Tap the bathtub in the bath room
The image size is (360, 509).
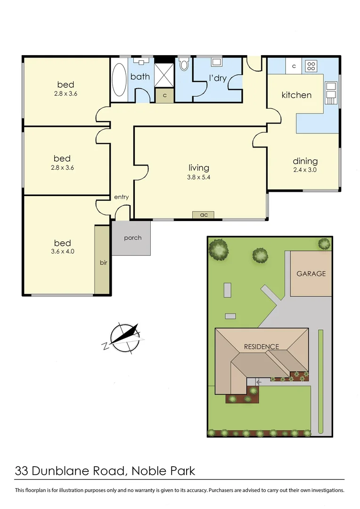click(x=119, y=79)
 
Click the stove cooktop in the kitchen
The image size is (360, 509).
click(x=311, y=66)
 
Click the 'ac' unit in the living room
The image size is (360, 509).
click(x=204, y=215)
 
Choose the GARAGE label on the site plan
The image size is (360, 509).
click(x=311, y=273)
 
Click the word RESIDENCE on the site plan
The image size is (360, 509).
click(x=261, y=346)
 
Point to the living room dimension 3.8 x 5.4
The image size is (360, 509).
click(x=199, y=178)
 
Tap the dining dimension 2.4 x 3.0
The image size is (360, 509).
click(x=305, y=170)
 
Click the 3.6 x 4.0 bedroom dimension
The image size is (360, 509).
click(x=62, y=252)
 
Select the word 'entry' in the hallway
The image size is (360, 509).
click(x=121, y=197)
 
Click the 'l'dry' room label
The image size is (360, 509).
click(x=218, y=78)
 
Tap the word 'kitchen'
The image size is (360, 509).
click(x=296, y=95)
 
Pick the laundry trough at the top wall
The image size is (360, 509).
click(x=217, y=62)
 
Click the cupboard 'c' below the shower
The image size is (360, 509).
click(x=164, y=95)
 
